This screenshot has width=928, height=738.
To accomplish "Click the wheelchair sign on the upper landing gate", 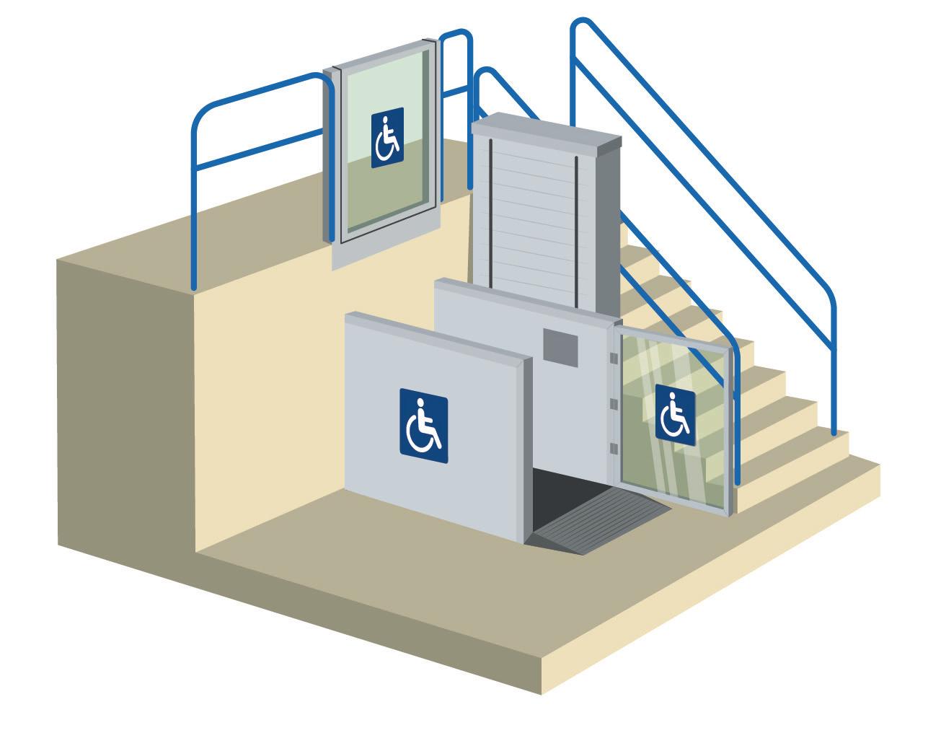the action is point(387,139).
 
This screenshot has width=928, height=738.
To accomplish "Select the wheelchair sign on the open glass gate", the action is point(675,414).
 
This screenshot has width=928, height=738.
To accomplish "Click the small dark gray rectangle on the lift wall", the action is point(561,346).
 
